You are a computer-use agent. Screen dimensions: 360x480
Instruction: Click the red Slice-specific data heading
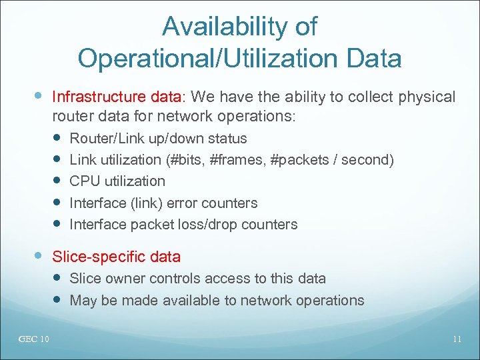[x=116, y=257]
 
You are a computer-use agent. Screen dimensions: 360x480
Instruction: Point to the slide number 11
[x=457, y=339]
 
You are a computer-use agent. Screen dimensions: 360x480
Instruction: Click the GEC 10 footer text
[x=33, y=339]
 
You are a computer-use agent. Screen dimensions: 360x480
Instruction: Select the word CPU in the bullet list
[x=84, y=181]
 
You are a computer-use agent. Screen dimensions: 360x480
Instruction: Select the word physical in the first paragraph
[x=426, y=97]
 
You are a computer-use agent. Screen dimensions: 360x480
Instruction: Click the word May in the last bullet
[x=83, y=301]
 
